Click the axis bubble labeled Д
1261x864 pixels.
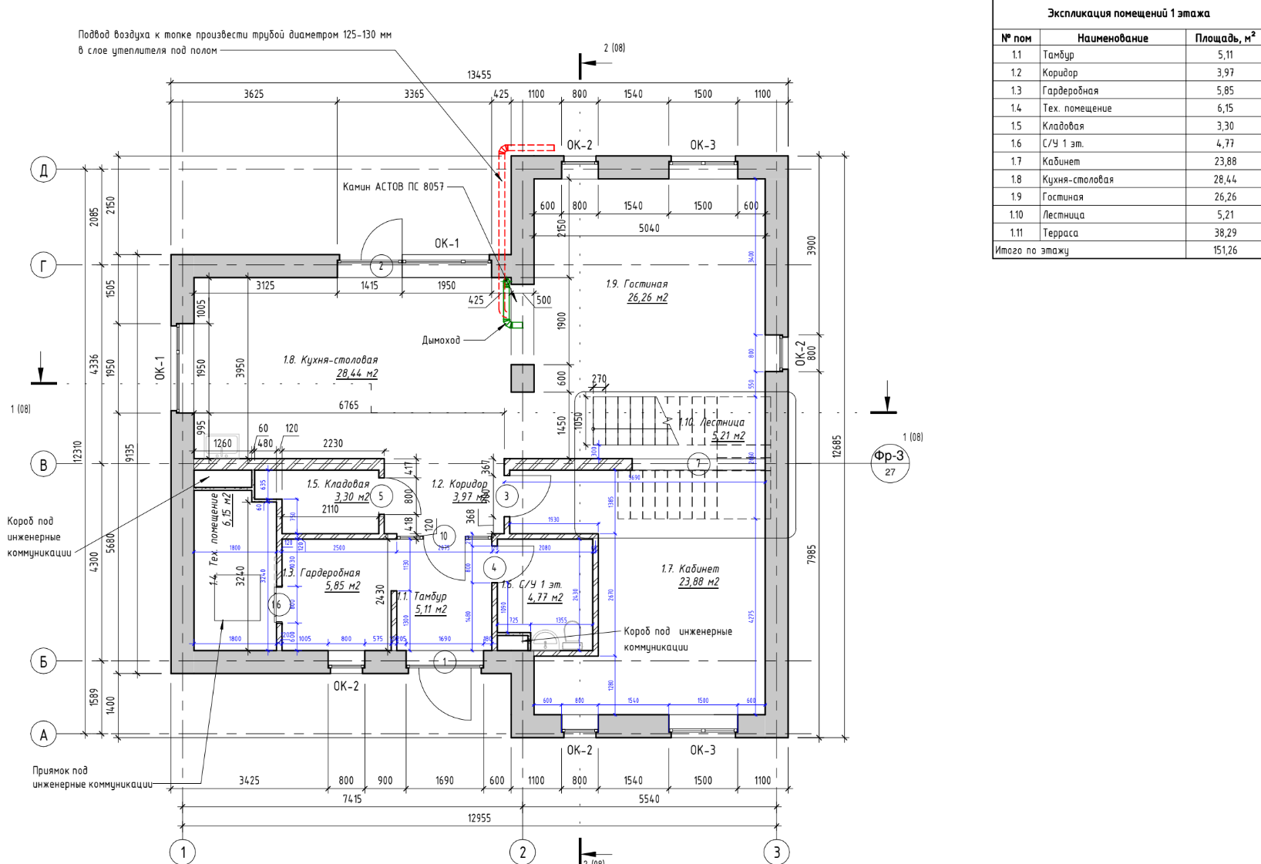pos(43,170)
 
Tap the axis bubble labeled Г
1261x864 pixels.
pos(43,266)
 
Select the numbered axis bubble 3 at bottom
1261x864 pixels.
pos(776,852)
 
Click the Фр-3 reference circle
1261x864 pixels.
pos(889,462)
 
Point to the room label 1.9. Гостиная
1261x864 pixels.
pos(637,284)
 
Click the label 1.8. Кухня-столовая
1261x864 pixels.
pos(330,360)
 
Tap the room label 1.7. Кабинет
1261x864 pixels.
pos(690,569)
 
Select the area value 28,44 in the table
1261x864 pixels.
pos(1225,180)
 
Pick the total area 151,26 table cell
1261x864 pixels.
pos(1225,250)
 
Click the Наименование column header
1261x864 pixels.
pos(1112,38)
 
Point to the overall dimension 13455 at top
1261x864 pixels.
pos(479,75)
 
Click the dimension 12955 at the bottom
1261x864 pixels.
pos(479,818)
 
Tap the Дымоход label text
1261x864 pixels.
pos(441,340)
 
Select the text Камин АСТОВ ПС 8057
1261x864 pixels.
pos(393,187)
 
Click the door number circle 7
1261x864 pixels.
pos(698,464)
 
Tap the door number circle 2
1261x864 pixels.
pos(381,266)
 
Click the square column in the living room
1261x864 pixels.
pos(523,378)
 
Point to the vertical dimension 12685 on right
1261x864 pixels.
pos(837,446)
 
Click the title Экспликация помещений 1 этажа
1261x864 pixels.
pos(1128,13)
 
